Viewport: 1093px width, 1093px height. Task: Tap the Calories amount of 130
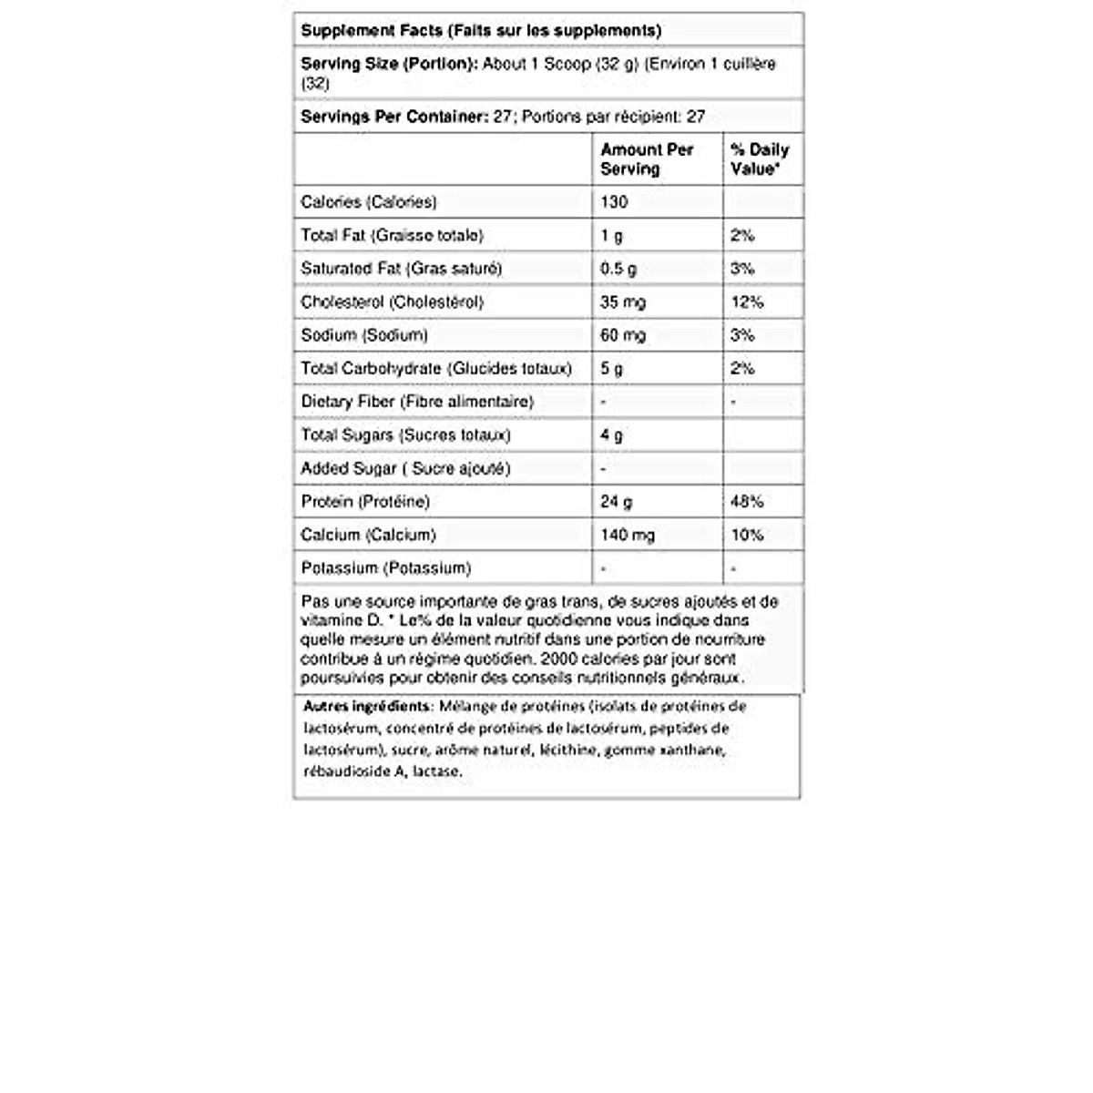(614, 201)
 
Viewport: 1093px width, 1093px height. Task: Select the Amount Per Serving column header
(647, 158)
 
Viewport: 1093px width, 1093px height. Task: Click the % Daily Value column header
(760, 158)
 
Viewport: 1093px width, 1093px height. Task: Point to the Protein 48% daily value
(747, 501)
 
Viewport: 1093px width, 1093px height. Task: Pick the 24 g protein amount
(616, 501)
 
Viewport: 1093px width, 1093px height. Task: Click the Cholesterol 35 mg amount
(623, 301)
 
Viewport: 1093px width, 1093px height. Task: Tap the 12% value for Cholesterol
(747, 301)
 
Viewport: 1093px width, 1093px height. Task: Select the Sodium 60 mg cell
(623, 335)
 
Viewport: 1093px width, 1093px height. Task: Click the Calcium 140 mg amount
(627, 535)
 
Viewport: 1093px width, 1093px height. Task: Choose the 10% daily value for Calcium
(747, 535)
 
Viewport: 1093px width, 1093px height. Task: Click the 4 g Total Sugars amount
(611, 434)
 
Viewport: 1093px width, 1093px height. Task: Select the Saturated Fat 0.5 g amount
(618, 269)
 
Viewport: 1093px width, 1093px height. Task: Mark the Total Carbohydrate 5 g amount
(611, 368)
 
